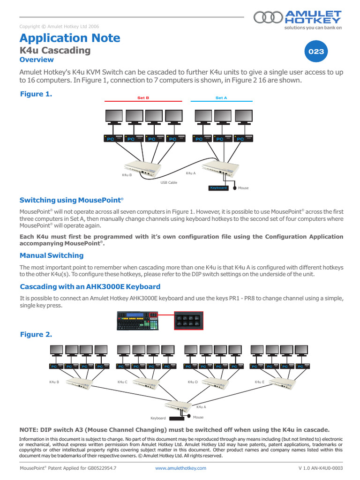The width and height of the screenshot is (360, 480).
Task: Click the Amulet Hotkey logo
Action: point(298,19)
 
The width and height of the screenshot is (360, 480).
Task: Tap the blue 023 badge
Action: point(316,52)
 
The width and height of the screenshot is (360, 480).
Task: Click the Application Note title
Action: point(70,38)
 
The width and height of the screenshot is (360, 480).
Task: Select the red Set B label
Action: point(143,97)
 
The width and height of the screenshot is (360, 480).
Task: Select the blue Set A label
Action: point(221,97)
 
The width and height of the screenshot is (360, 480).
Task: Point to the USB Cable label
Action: point(169,182)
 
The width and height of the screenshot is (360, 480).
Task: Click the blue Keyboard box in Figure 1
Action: point(218,188)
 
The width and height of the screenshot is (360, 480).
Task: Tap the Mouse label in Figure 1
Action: point(243,188)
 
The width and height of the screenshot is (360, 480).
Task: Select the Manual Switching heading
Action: point(52,255)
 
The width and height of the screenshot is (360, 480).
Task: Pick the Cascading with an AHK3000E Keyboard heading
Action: point(90,286)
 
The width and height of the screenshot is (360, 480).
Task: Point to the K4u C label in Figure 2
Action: point(122,382)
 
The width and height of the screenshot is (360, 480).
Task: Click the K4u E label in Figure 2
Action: point(260,382)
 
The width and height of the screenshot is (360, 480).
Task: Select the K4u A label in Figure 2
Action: point(201,407)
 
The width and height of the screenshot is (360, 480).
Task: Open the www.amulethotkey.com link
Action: point(180,468)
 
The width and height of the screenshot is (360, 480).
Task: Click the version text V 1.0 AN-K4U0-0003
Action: point(320,468)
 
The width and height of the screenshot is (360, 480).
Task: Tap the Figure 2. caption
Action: point(36,335)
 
